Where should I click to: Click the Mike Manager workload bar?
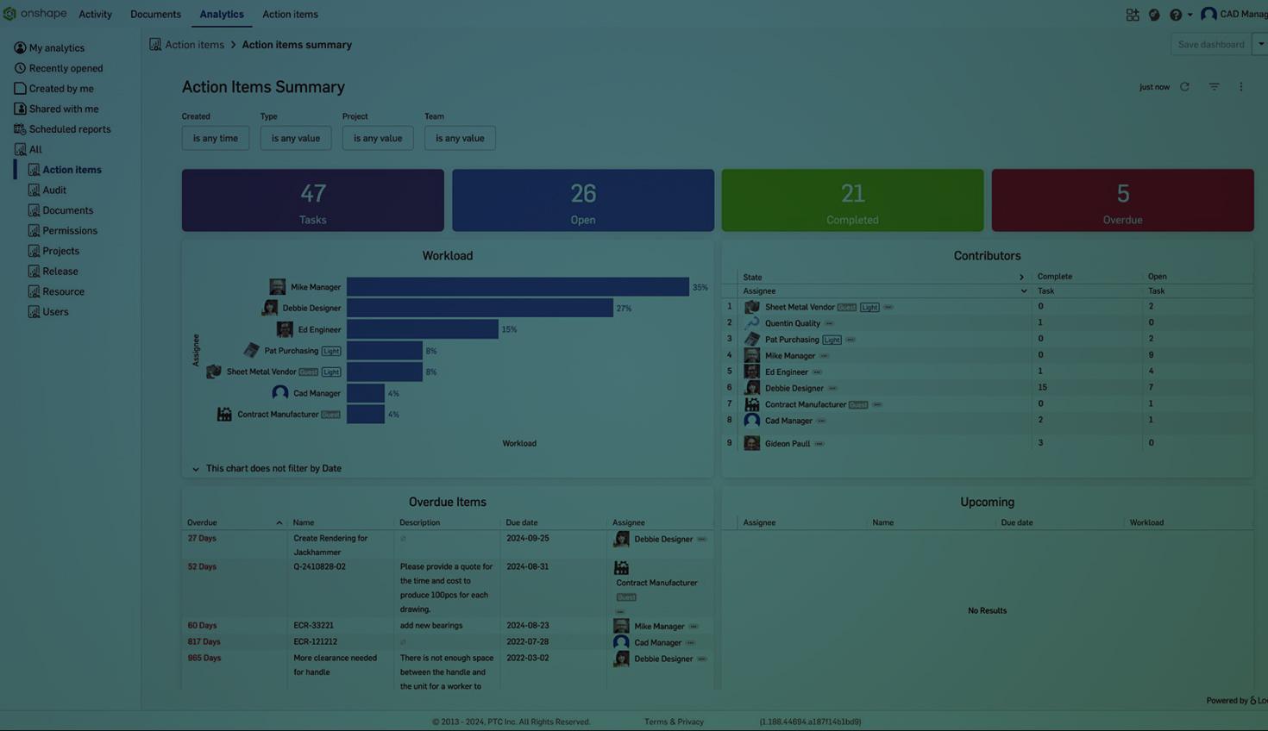pos(518,287)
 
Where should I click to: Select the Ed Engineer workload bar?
pos(422,329)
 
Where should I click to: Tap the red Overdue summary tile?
pos(1122,200)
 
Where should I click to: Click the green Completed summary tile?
pos(852,200)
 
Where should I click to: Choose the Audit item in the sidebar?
pos(54,191)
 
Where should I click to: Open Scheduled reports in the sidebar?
pos(70,129)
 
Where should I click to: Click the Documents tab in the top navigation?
pos(155,15)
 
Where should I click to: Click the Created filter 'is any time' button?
pos(216,138)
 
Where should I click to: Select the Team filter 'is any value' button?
pos(460,138)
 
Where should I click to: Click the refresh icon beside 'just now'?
pos(1185,87)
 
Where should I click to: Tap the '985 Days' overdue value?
pos(204,659)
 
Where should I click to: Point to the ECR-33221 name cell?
pos(313,626)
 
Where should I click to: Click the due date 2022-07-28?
pos(528,642)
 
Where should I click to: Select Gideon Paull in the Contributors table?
pos(787,444)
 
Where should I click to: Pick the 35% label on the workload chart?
pos(700,288)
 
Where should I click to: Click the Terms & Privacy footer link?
pos(674,722)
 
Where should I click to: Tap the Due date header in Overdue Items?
pos(522,523)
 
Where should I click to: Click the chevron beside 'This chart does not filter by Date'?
pos(196,469)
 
